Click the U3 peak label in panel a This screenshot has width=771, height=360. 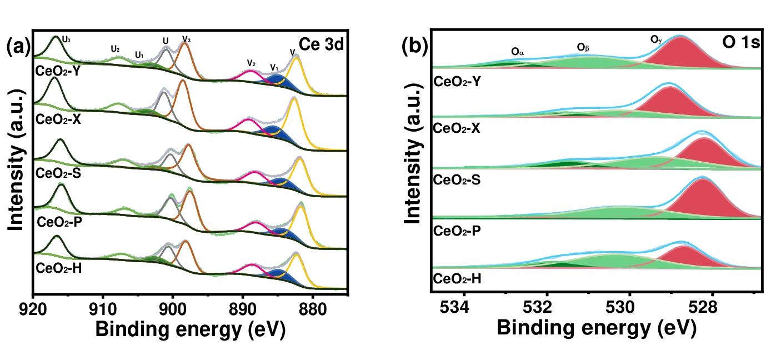tap(67, 39)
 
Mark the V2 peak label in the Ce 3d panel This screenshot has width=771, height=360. tap(251, 62)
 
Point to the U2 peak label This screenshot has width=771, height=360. tap(116, 49)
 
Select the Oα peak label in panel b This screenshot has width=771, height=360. tap(518, 52)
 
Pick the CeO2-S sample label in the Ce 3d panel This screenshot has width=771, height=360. tap(58, 174)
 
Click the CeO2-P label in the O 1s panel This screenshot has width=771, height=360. tap(457, 229)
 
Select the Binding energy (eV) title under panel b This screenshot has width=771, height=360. tap(595, 328)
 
